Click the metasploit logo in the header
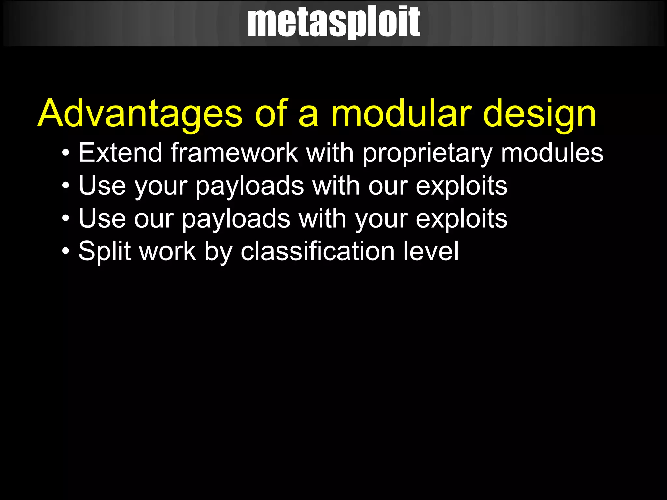pyautogui.click(x=333, y=22)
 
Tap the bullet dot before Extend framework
pyautogui.click(x=66, y=153)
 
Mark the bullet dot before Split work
pyautogui.click(x=66, y=251)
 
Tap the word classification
pyautogui.click(x=318, y=251)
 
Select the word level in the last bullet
pyautogui.click(x=431, y=251)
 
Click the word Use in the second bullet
pyautogui.click(x=102, y=186)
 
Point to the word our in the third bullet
pyautogui.click(x=154, y=219)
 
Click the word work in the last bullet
pyautogui.click(x=167, y=251)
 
